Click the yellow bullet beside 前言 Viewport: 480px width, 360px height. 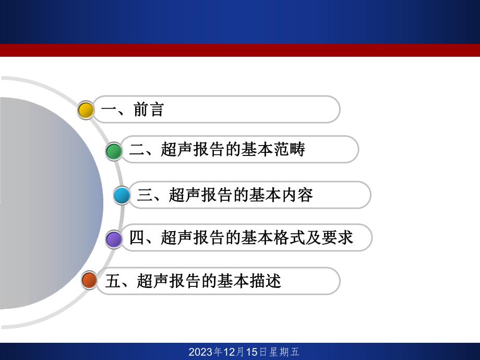click(x=86, y=110)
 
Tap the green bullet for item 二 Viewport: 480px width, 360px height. click(x=114, y=151)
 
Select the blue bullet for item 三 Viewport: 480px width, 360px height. click(x=122, y=196)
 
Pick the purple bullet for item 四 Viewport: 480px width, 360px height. click(x=114, y=239)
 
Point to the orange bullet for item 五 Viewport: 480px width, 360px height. click(x=90, y=281)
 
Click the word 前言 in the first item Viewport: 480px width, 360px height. click(x=149, y=110)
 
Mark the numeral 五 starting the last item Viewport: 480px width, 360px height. click(x=113, y=281)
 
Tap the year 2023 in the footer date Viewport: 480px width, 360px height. click(x=201, y=352)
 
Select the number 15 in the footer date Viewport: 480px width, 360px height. click(x=251, y=352)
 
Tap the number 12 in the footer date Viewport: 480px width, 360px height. click(x=230, y=352)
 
